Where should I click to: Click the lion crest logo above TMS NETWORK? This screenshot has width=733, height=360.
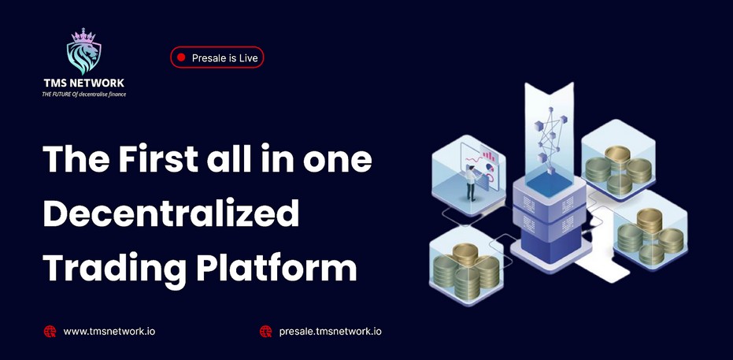[x=83, y=51]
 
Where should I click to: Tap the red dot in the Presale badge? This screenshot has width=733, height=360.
[x=181, y=58]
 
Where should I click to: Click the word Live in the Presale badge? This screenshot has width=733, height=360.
[x=248, y=58]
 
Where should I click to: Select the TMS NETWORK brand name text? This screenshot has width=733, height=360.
[x=84, y=84]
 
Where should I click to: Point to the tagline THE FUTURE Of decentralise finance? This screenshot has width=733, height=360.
[x=84, y=94]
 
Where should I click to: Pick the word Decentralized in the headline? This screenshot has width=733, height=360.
[x=171, y=213]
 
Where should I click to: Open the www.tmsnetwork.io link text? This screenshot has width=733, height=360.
[x=109, y=332]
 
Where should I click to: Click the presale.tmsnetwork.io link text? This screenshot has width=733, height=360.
[x=330, y=332]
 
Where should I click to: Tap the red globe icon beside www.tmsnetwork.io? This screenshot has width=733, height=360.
[x=50, y=332]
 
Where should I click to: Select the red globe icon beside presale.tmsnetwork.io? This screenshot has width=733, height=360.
[x=265, y=332]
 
